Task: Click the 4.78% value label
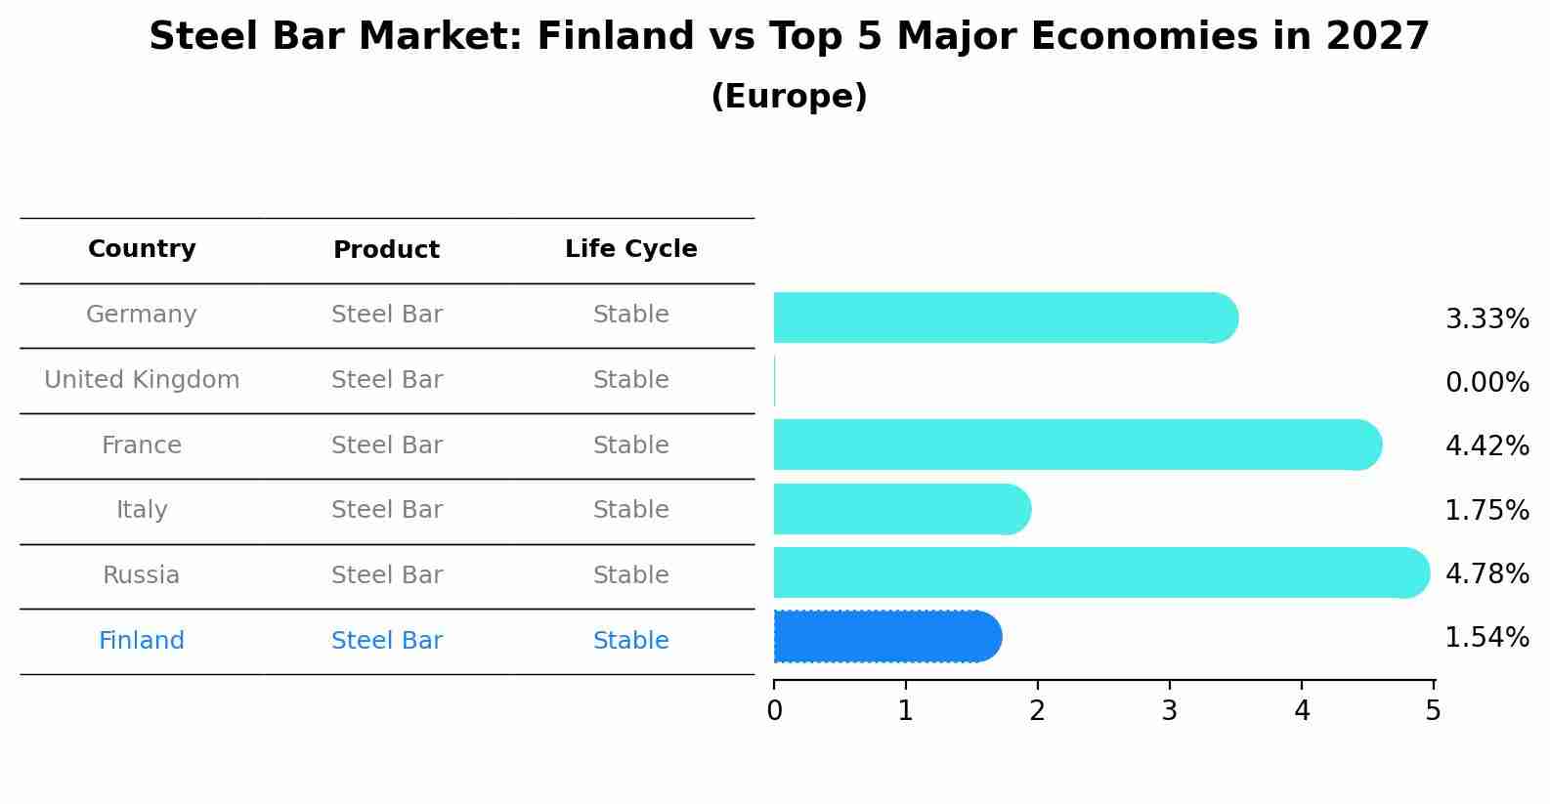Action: (x=1486, y=573)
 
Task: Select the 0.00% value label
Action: (x=1486, y=382)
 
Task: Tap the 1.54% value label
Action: (x=1486, y=638)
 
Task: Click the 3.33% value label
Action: (x=1486, y=318)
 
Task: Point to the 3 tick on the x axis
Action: (x=1170, y=710)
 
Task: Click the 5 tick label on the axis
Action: (x=1433, y=710)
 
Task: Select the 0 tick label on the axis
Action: (x=775, y=710)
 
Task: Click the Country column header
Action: (x=142, y=249)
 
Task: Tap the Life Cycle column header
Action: (x=630, y=249)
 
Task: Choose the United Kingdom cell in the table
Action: (x=142, y=380)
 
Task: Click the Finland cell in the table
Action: (x=142, y=641)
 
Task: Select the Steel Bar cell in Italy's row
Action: (x=387, y=510)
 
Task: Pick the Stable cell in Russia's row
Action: (x=630, y=575)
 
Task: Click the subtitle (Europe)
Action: (x=789, y=97)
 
